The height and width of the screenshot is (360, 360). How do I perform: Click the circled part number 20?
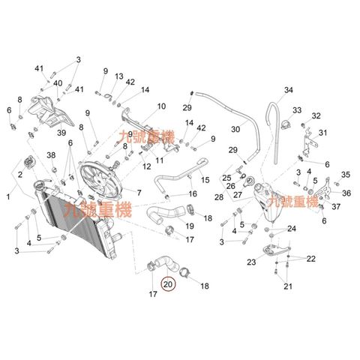168,284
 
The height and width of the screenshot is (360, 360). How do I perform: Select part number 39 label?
61,133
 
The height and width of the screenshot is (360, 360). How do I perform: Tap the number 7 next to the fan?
139,193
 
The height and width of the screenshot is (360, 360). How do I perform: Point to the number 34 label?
289,90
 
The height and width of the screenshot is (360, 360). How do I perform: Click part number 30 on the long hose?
235,129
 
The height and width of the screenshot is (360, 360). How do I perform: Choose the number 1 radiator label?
8,196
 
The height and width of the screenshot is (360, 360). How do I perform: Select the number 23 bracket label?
251,262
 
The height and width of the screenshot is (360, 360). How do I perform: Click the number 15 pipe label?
205,180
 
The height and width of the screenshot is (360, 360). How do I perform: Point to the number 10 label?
161,106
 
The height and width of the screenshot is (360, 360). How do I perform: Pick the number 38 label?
51,155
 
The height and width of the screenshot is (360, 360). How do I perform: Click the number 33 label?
297,110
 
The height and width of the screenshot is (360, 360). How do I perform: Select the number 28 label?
219,197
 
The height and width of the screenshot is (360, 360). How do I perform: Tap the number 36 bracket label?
346,193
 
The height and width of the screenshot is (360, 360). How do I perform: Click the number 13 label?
119,76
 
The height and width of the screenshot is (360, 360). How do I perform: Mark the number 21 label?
288,286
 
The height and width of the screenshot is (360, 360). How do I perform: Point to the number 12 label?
146,166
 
